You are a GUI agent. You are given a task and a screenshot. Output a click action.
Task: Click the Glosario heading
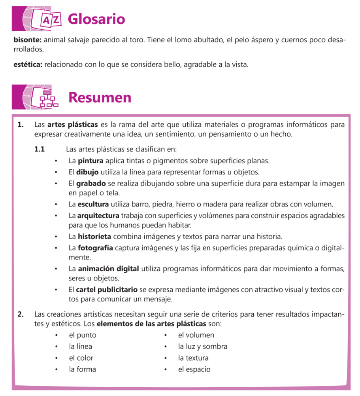[96, 19]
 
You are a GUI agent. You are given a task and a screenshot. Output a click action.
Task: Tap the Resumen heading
[100, 97]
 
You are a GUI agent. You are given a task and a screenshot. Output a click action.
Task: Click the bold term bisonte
[27, 40]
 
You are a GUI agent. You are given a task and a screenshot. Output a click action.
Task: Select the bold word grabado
[91, 184]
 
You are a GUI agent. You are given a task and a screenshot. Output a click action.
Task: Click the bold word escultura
[93, 205]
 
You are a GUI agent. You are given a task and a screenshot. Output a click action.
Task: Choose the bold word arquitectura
[98, 216]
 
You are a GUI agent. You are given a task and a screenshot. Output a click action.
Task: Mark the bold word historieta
[94, 237]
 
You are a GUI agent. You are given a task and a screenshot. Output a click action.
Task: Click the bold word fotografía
[95, 248]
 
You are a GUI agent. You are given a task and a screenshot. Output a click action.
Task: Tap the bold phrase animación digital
[108, 269]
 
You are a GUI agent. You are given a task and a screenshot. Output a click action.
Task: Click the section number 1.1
[40, 150]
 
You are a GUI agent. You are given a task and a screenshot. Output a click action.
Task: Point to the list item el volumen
[196, 335]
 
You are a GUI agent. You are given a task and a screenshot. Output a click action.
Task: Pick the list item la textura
[193, 358]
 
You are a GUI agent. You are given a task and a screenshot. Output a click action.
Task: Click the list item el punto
[83, 335]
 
